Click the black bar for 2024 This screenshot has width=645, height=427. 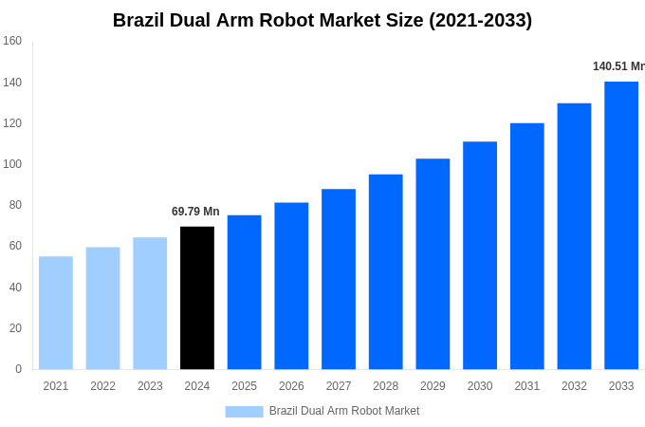[197, 298]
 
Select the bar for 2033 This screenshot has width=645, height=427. [621, 226]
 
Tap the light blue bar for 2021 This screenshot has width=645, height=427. [56, 313]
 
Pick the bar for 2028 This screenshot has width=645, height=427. [386, 271]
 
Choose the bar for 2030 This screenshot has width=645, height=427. [480, 255]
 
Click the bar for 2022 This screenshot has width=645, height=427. [102, 308]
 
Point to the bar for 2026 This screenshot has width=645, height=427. [291, 286]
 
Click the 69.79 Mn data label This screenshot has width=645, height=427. [195, 212]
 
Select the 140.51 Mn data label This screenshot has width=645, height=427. [618, 66]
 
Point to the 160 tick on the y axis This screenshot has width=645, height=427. [12, 41]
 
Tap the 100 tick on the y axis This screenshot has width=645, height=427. [12, 164]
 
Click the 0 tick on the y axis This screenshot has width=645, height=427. [18, 369]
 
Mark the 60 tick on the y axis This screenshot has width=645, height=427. [15, 246]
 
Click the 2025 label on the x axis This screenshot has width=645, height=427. [244, 386]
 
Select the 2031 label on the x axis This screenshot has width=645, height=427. [527, 386]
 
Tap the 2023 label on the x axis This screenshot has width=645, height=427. [150, 386]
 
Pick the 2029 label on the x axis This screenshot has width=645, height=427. [433, 386]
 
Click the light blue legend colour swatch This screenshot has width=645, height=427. [244, 412]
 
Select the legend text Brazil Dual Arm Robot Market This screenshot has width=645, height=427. [344, 411]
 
